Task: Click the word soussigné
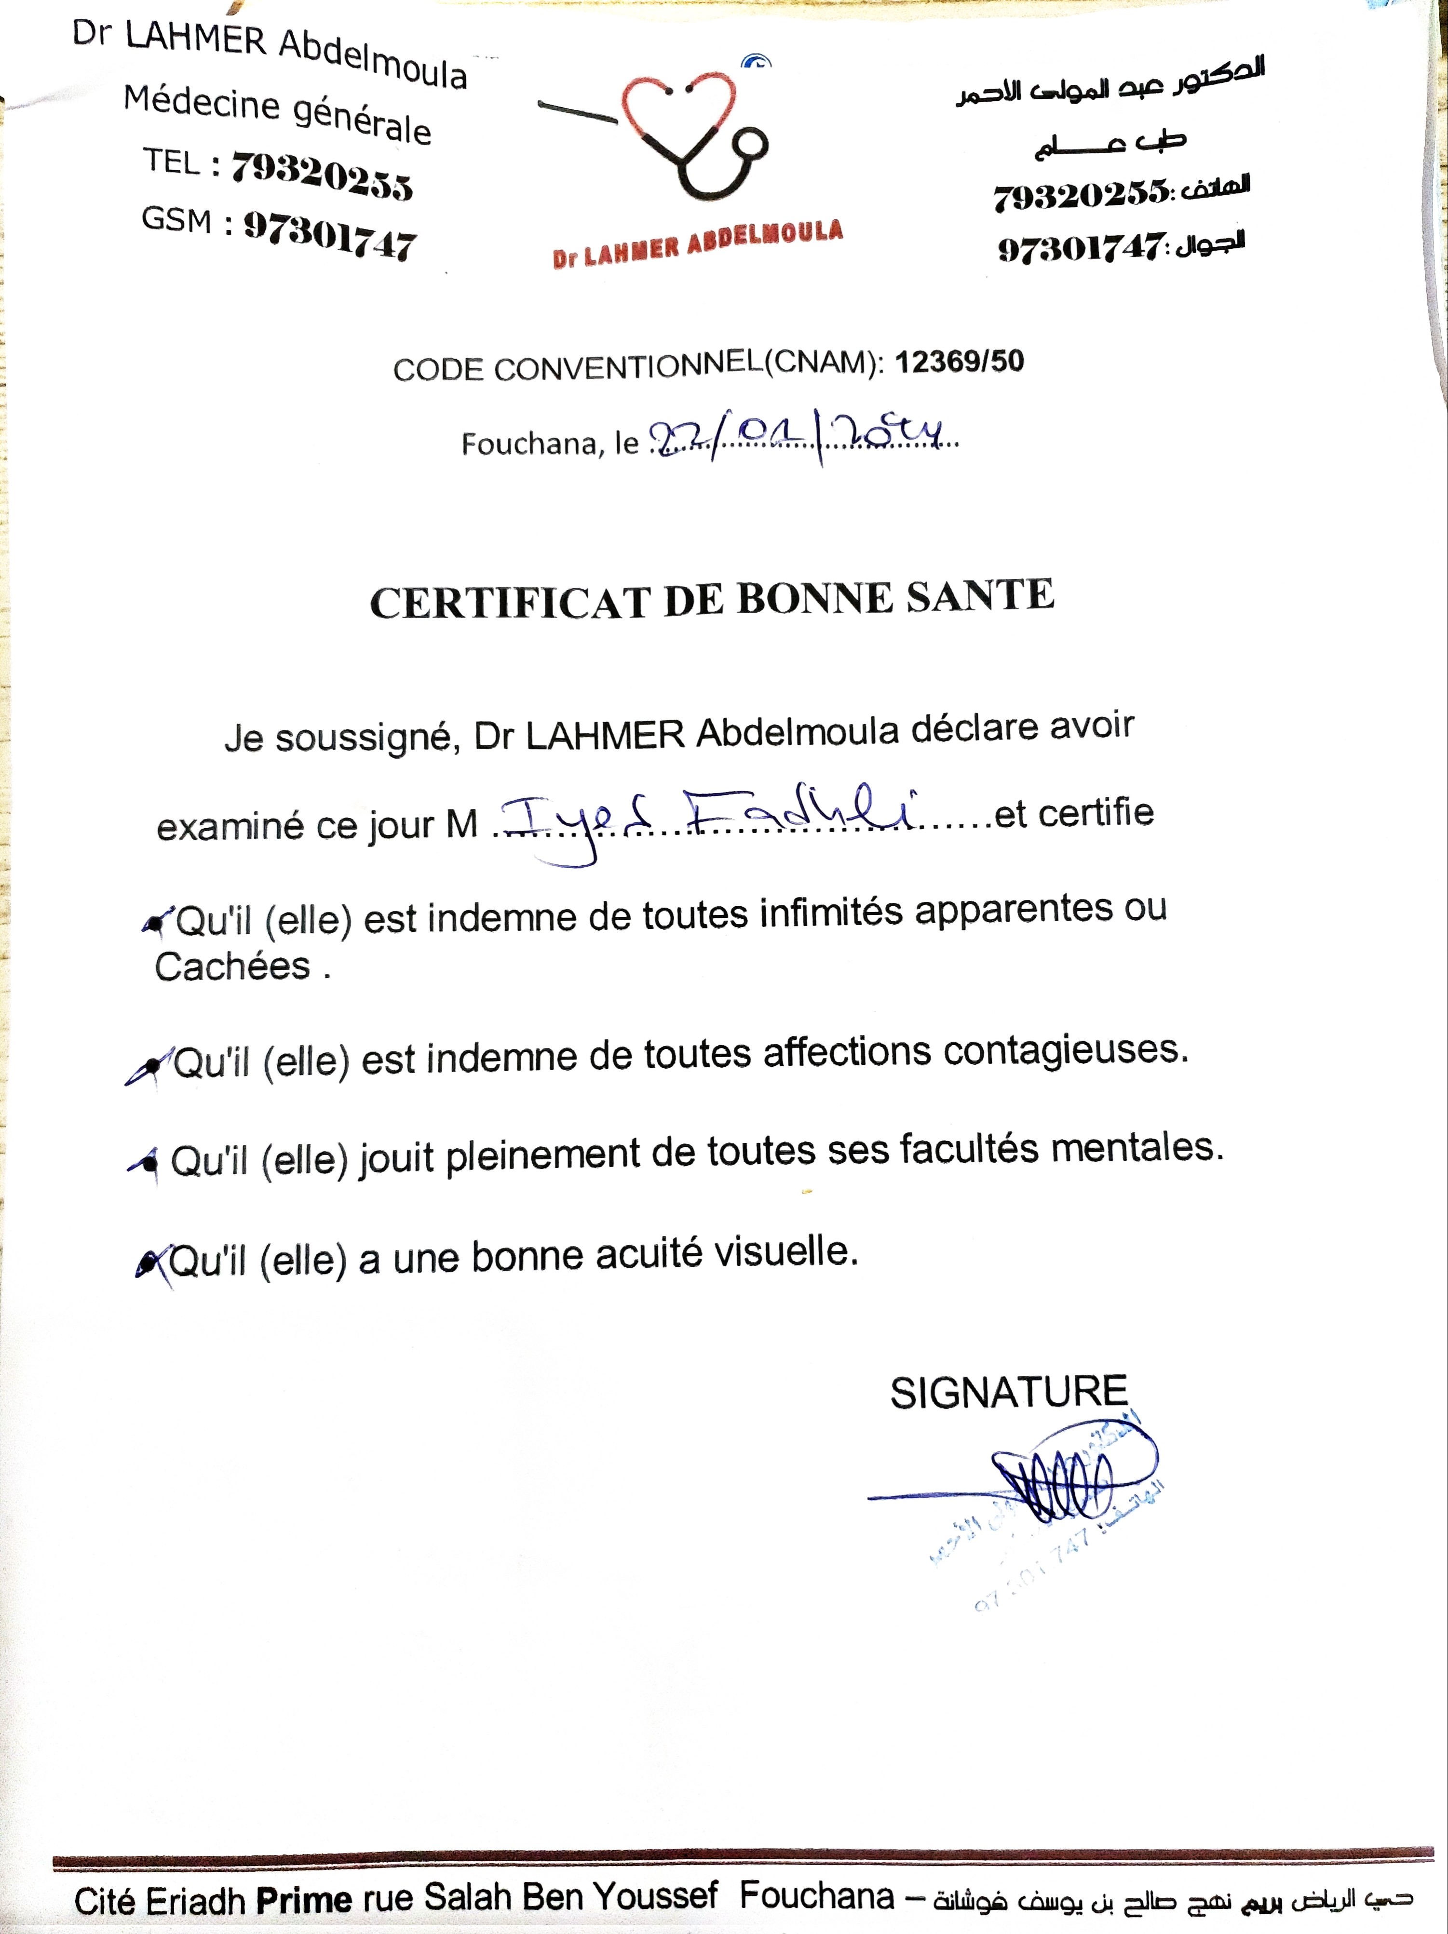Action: click(x=368, y=737)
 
